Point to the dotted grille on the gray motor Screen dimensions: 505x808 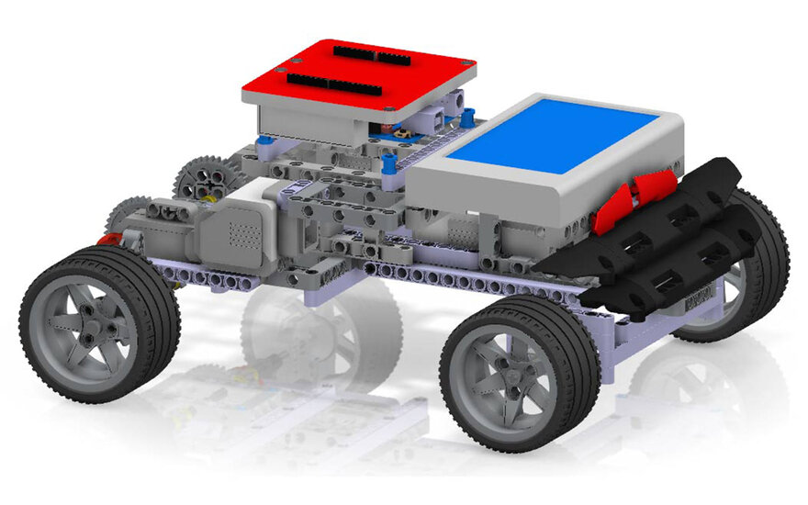click(241, 230)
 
